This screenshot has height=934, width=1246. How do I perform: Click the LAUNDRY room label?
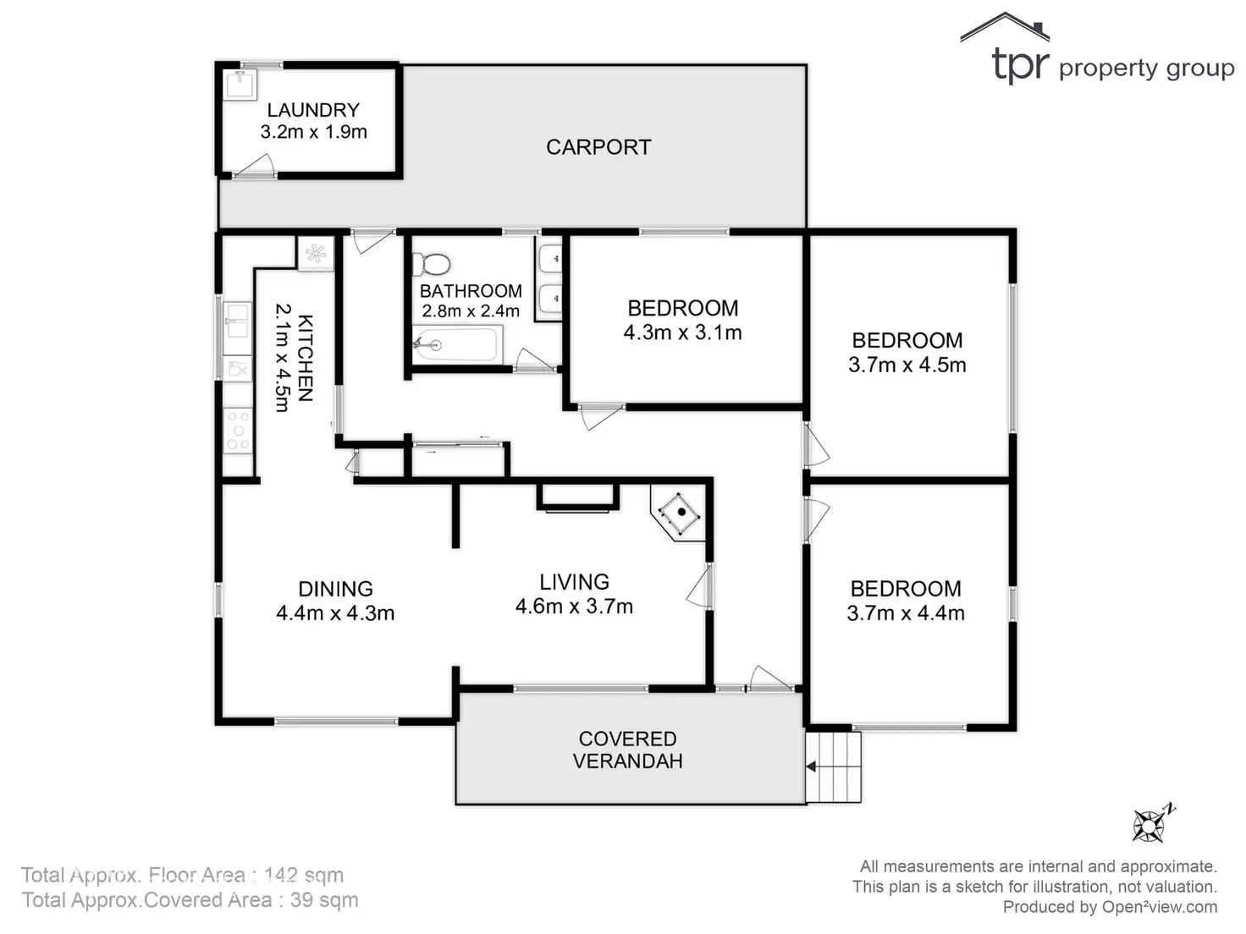313,110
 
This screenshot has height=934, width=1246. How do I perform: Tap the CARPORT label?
598,147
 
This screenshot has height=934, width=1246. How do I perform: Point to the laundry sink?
240,85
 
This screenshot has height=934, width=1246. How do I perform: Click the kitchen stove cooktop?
238,430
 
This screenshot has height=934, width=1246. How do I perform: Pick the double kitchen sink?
237,321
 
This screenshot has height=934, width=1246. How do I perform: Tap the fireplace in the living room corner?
680,512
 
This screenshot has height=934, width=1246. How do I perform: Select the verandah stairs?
834,766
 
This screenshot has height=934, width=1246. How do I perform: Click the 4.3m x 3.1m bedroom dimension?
682,332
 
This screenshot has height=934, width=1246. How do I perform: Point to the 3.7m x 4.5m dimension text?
907,365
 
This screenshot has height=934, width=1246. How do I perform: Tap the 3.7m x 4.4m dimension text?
906,613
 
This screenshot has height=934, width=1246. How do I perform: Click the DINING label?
335,589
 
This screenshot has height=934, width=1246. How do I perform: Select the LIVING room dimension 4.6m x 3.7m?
574,606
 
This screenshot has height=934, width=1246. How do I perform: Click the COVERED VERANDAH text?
627,750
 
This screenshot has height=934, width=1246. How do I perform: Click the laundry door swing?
256,167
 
